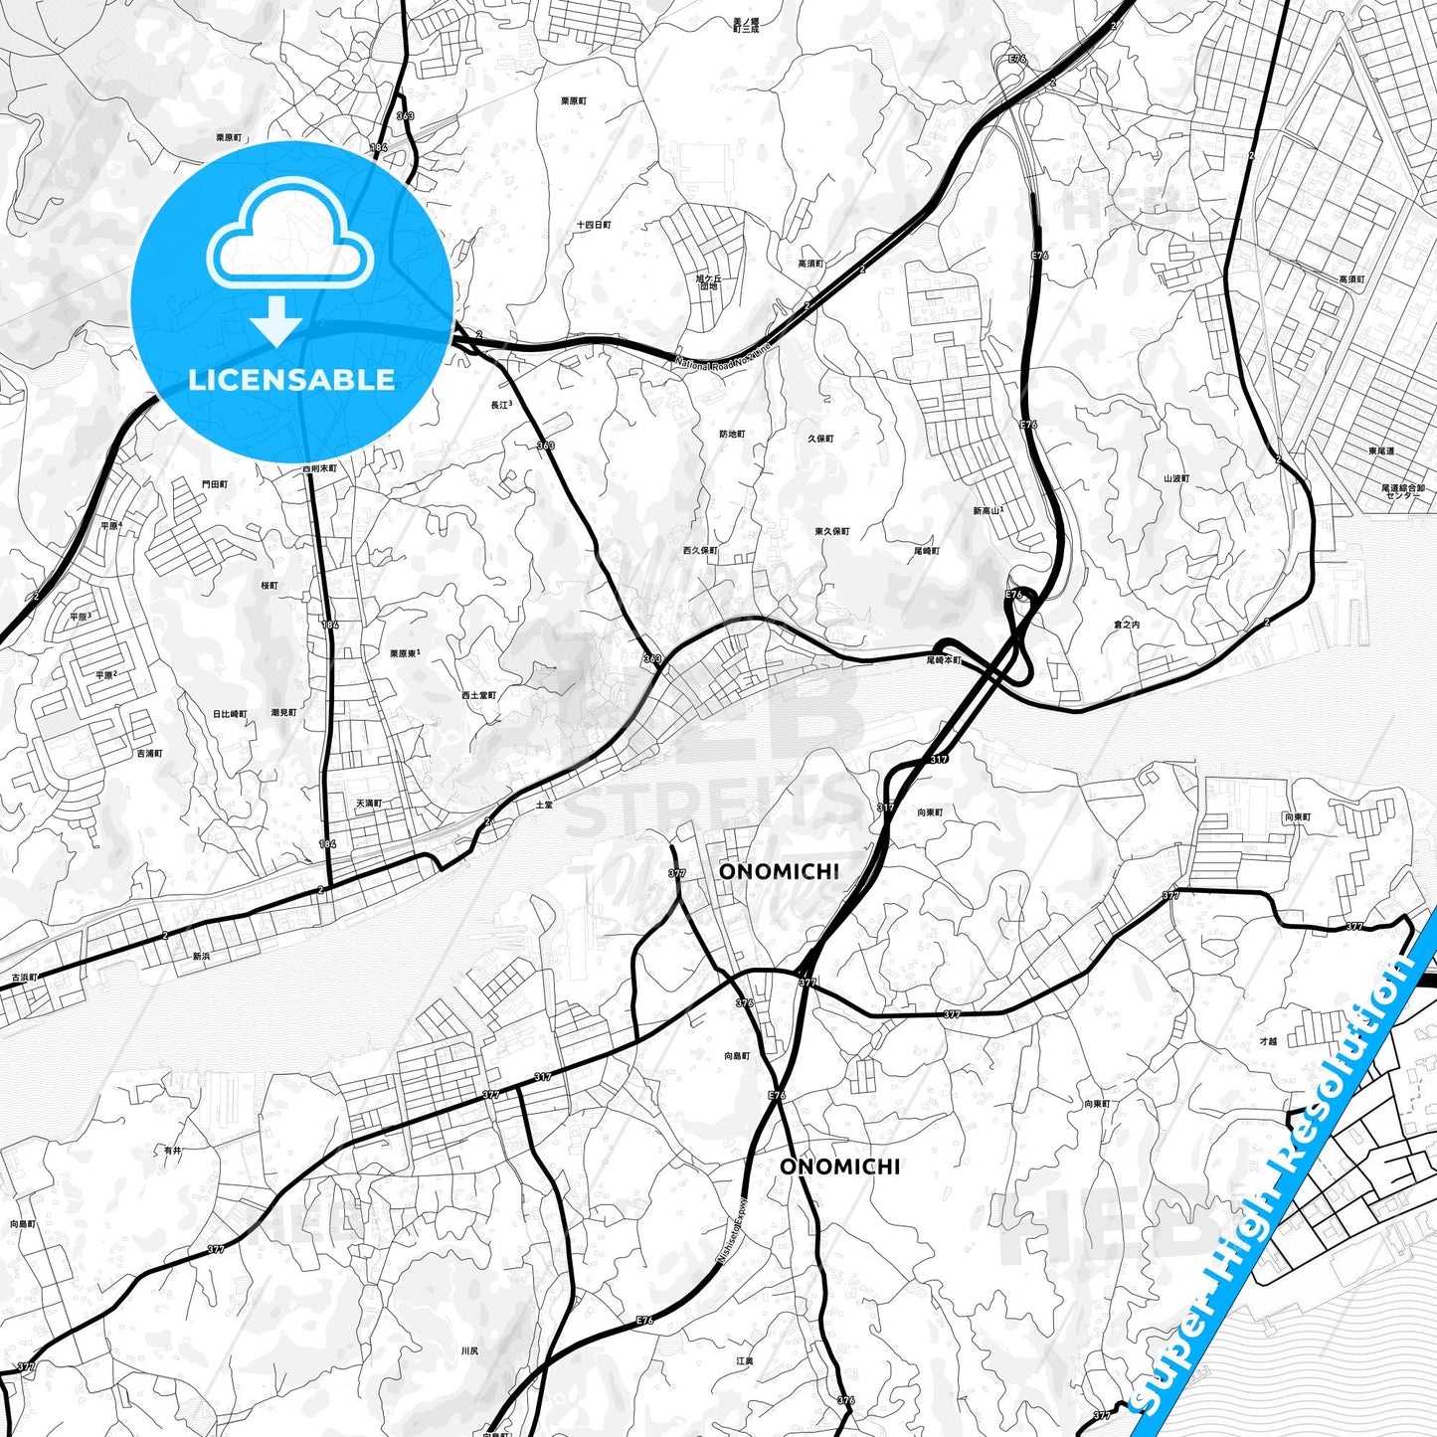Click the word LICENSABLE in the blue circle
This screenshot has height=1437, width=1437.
(291, 379)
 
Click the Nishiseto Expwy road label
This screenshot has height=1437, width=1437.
(733, 1228)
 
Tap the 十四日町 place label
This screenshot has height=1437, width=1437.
(594, 225)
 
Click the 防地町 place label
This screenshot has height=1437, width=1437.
(732, 434)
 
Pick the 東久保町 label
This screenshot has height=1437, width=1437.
(831, 531)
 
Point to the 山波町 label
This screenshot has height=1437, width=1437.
(1176, 478)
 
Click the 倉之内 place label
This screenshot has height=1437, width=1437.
(1127, 625)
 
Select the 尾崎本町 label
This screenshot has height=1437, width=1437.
(944, 659)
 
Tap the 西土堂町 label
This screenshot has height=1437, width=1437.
(478, 695)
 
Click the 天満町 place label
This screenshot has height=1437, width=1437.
(368, 803)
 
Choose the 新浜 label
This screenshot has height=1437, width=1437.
(201, 956)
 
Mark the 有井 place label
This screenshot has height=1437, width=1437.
(173, 1150)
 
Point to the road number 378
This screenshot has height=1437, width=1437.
(745, 1002)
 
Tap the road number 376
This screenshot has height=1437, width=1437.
(845, 1400)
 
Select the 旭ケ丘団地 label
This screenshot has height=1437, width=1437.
(708, 281)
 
